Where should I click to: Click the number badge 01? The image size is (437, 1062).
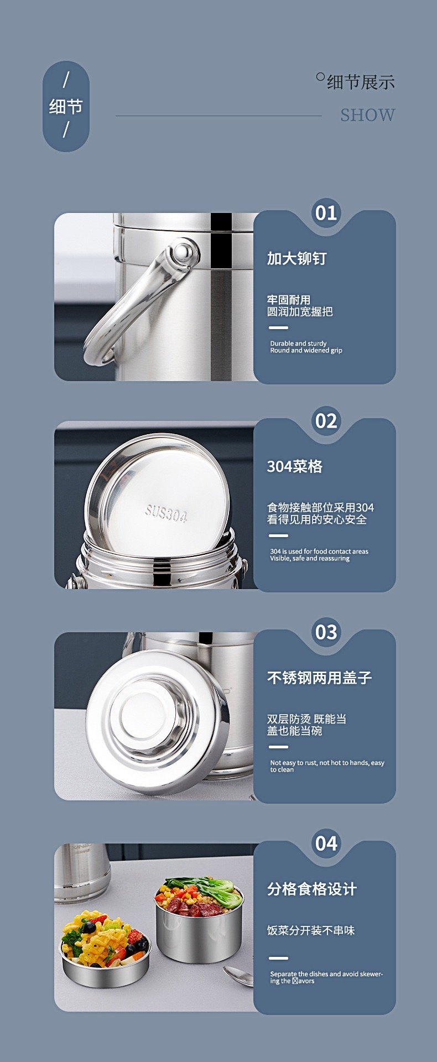pos(326,213)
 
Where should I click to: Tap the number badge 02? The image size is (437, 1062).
pos(326,421)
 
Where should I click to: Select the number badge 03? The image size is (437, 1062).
pos(326,632)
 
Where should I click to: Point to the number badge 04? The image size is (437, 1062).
pos(326,844)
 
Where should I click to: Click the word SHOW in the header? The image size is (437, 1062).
pos(367,115)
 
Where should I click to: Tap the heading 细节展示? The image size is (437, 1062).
pos(361,82)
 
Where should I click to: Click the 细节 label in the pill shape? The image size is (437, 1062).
pos(66,106)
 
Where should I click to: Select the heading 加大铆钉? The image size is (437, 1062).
pos(297,258)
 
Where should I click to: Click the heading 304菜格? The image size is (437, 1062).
pos(295,466)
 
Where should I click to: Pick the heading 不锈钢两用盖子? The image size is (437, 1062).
pos(319,678)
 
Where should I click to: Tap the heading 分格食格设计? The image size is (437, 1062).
pos(312,889)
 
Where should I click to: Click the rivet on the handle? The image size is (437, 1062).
pos(184,252)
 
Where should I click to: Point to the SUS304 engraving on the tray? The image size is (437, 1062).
pos(166,514)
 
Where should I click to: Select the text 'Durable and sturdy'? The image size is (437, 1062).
pos(298,343)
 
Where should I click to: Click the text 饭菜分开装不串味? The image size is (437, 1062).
pos(311,930)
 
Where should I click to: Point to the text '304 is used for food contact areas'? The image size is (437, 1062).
pos(319,551)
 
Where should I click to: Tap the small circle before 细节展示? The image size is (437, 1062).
pos(320,77)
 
